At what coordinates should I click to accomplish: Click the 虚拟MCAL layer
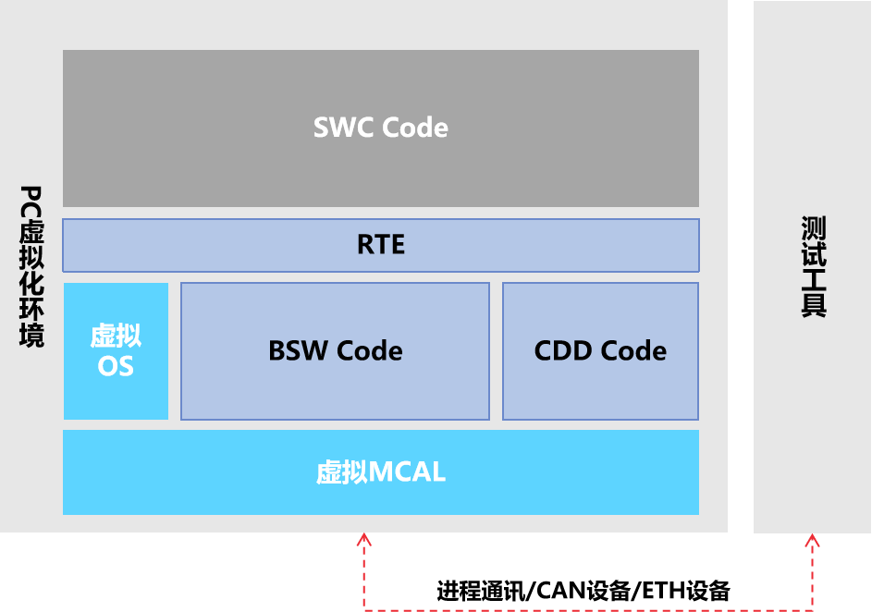point(555,472)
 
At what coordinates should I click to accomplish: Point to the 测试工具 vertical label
point(813,266)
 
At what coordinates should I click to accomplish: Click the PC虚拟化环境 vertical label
point(31,266)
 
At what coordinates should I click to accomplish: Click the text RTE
point(381,245)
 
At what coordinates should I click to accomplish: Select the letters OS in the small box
point(116,366)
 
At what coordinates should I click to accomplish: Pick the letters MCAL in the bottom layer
point(407,472)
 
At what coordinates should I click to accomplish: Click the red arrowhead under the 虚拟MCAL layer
point(365,539)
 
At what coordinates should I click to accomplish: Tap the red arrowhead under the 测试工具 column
point(812,539)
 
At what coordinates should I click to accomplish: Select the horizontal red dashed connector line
point(588,609)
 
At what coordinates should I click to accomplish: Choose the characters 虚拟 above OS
point(116,336)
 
